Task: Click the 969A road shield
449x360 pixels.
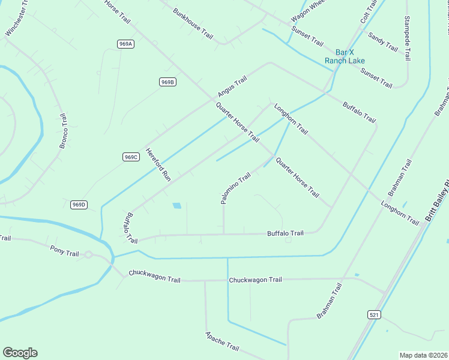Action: point(125,44)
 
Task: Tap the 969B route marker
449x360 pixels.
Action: point(167,82)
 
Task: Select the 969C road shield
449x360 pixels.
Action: point(131,157)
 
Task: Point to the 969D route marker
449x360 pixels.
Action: point(79,205)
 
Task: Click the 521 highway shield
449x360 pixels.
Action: point(373,314)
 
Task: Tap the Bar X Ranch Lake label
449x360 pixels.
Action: point(345,56)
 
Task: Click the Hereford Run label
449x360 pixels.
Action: point(159,166)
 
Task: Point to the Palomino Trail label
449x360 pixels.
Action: point(235,188)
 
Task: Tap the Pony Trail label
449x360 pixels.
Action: point(64,250)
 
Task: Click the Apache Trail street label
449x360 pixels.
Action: point(222,341)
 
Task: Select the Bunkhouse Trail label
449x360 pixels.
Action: point(193,23)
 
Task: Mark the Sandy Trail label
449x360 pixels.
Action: point(383,41)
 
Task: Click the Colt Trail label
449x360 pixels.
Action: point(369,13)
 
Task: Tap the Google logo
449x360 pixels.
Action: point(20,353)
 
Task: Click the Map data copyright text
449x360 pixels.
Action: point(424,355)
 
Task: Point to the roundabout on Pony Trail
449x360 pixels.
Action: point(88,254)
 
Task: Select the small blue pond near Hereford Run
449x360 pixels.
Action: point(177,206)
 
